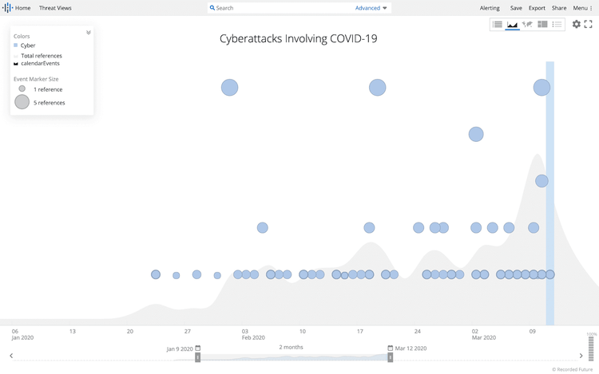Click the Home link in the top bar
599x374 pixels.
[x=22, y=8]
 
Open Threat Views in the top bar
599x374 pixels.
[x=55, y=8]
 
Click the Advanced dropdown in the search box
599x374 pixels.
[x=371, y=8]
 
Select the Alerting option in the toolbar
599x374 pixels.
[x=490, y=8]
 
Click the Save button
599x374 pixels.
[x=516, y=8]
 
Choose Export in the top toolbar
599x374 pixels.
[x=537, y=8]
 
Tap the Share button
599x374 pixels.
[x=559, y=8]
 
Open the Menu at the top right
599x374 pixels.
[x=582, y=8]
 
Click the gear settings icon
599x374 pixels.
[x=576, y=25]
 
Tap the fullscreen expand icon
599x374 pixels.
[x=589, y=25]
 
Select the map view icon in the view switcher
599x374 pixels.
[x=527, y=25]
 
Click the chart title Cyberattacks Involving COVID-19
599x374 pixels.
[x=298, y=38]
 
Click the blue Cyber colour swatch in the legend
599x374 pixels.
[x=16, y=45]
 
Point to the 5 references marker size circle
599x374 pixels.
[x=22, y=102]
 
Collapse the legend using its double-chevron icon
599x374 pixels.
[x=89, y=33]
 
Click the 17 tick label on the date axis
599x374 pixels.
[x=360, y=331]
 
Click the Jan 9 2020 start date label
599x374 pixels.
[x=180, y=348]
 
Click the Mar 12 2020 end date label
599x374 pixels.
[x=411, y=348]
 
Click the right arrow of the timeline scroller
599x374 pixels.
[x=581, y=356]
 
